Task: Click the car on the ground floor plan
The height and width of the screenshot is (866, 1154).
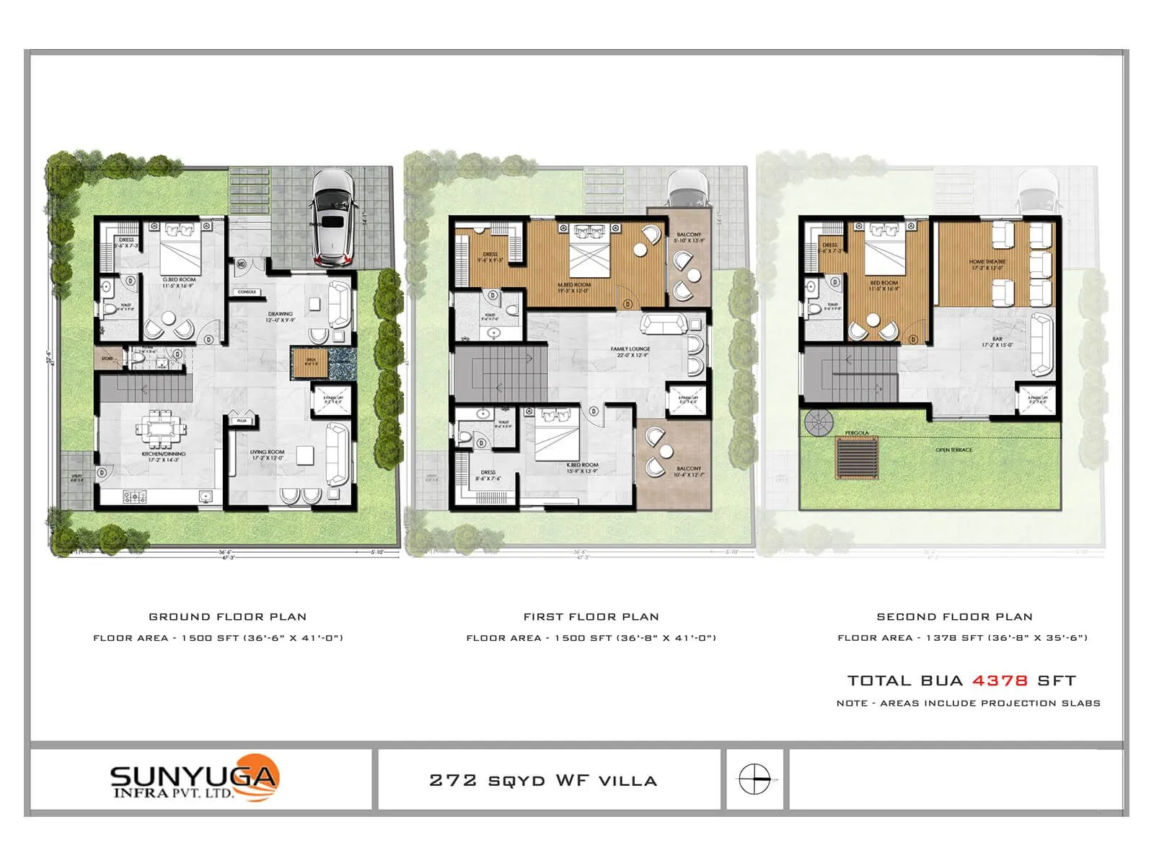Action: [333, 218]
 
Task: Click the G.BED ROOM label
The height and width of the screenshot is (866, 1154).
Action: [179, 279]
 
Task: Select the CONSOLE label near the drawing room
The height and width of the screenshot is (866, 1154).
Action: [247, 292]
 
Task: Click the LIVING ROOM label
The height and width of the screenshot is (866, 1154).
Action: [268, 452]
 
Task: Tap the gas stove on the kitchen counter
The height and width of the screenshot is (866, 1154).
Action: [134, 497]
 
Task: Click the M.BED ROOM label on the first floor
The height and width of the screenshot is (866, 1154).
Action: [574, 285]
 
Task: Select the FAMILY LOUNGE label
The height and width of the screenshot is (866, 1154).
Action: [630, 349]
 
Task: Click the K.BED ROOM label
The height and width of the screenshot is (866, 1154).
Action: [583, 465]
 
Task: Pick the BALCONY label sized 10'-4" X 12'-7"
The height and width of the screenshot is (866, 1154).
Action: [689, 468]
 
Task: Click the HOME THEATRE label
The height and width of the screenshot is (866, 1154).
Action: [987, 262]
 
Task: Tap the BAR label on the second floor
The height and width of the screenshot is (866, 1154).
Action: [997, 338]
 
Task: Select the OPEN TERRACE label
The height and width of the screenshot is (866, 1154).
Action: [953, 450]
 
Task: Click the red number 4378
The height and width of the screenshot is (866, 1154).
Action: [1000, 681]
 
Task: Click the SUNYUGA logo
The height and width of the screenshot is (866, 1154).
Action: [194, 779]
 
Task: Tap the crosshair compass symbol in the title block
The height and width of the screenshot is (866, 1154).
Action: [754, 779]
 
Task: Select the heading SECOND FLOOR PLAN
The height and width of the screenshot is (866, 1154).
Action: [954, 617]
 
